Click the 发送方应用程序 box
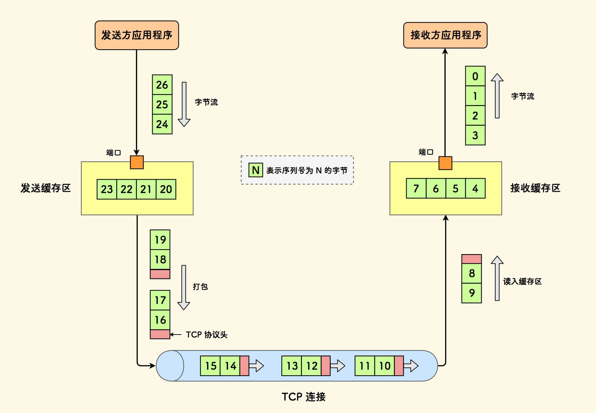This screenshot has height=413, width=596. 137,35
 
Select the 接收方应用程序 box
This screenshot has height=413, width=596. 445,35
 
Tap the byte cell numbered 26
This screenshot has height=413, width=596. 162,85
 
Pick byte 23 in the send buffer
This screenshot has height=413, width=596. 107,189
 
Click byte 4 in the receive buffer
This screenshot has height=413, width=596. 475,188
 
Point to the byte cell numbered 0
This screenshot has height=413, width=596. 475,76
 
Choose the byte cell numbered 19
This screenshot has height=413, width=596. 160,240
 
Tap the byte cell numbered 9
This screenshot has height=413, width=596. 472,293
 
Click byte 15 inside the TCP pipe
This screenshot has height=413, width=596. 210,366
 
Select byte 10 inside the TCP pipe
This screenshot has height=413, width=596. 385,366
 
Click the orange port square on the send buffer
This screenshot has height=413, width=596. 137,162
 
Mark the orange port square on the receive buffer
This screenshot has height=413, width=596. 445,163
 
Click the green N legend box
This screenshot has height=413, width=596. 256,170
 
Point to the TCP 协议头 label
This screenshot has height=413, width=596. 206,335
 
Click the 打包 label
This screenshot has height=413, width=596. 200,287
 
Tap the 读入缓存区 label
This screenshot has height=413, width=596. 522,281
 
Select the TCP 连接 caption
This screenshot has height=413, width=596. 304,397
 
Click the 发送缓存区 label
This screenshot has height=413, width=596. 46,188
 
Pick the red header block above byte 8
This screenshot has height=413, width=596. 472,259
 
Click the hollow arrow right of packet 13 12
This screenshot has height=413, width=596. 338,366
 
